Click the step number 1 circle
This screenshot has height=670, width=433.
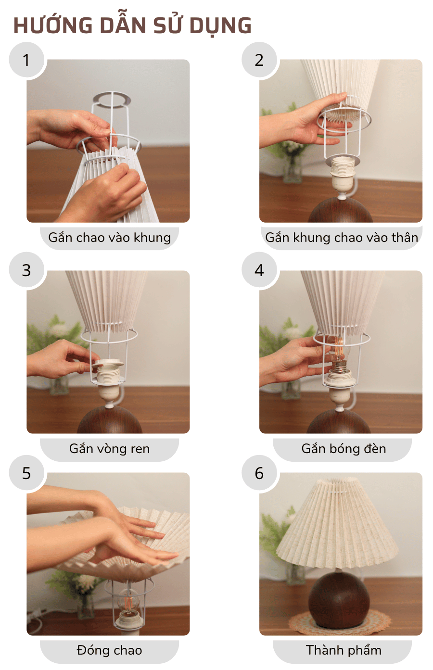click(26, 60)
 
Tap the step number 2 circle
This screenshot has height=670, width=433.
click(259, 60)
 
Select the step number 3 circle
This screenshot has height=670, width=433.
click(26, 270)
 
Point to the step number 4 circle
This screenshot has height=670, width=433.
click(259, 270)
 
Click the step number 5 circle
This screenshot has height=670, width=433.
click(26, 473)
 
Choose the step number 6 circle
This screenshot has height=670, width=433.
click(259, 473)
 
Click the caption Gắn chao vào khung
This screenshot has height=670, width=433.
click(109, 238)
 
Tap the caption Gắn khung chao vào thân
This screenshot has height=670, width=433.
click(342, 238)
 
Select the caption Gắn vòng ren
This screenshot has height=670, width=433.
click(109, 449)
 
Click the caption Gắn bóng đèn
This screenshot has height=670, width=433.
click(344, 449)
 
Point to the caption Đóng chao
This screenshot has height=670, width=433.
click(109, 650)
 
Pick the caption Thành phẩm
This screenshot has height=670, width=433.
click(344, 650)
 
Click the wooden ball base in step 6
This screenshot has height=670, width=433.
click(339, 599)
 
